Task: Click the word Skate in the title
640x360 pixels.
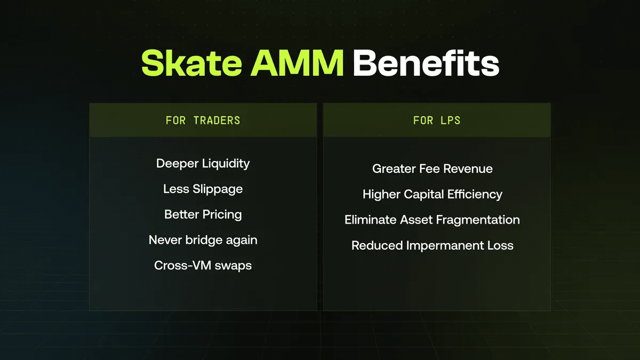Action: point(191,63)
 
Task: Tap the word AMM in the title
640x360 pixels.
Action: point(297,63)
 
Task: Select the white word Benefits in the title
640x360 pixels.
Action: point(426,63)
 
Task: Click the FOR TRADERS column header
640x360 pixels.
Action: point(203,121)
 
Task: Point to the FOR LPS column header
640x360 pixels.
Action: point(437,121)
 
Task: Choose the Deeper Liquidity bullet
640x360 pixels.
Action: point(203,164)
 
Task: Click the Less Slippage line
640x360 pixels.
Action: point(203,189)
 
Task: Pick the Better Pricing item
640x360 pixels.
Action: point(203,214)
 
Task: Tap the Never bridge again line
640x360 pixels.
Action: point(203,240)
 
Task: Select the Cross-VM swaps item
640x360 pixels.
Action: point(203,266)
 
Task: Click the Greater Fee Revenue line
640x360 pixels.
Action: point(433,169)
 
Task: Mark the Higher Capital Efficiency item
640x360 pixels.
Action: point(433,195)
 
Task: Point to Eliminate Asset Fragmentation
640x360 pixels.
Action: point(432,220)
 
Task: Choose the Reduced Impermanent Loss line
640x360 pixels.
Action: point(433,245)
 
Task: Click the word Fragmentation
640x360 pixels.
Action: point(478,220)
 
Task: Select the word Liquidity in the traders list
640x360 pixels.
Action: point(226,164)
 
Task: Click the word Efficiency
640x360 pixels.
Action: point(475,195)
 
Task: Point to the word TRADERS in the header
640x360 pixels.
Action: point(217,121)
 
